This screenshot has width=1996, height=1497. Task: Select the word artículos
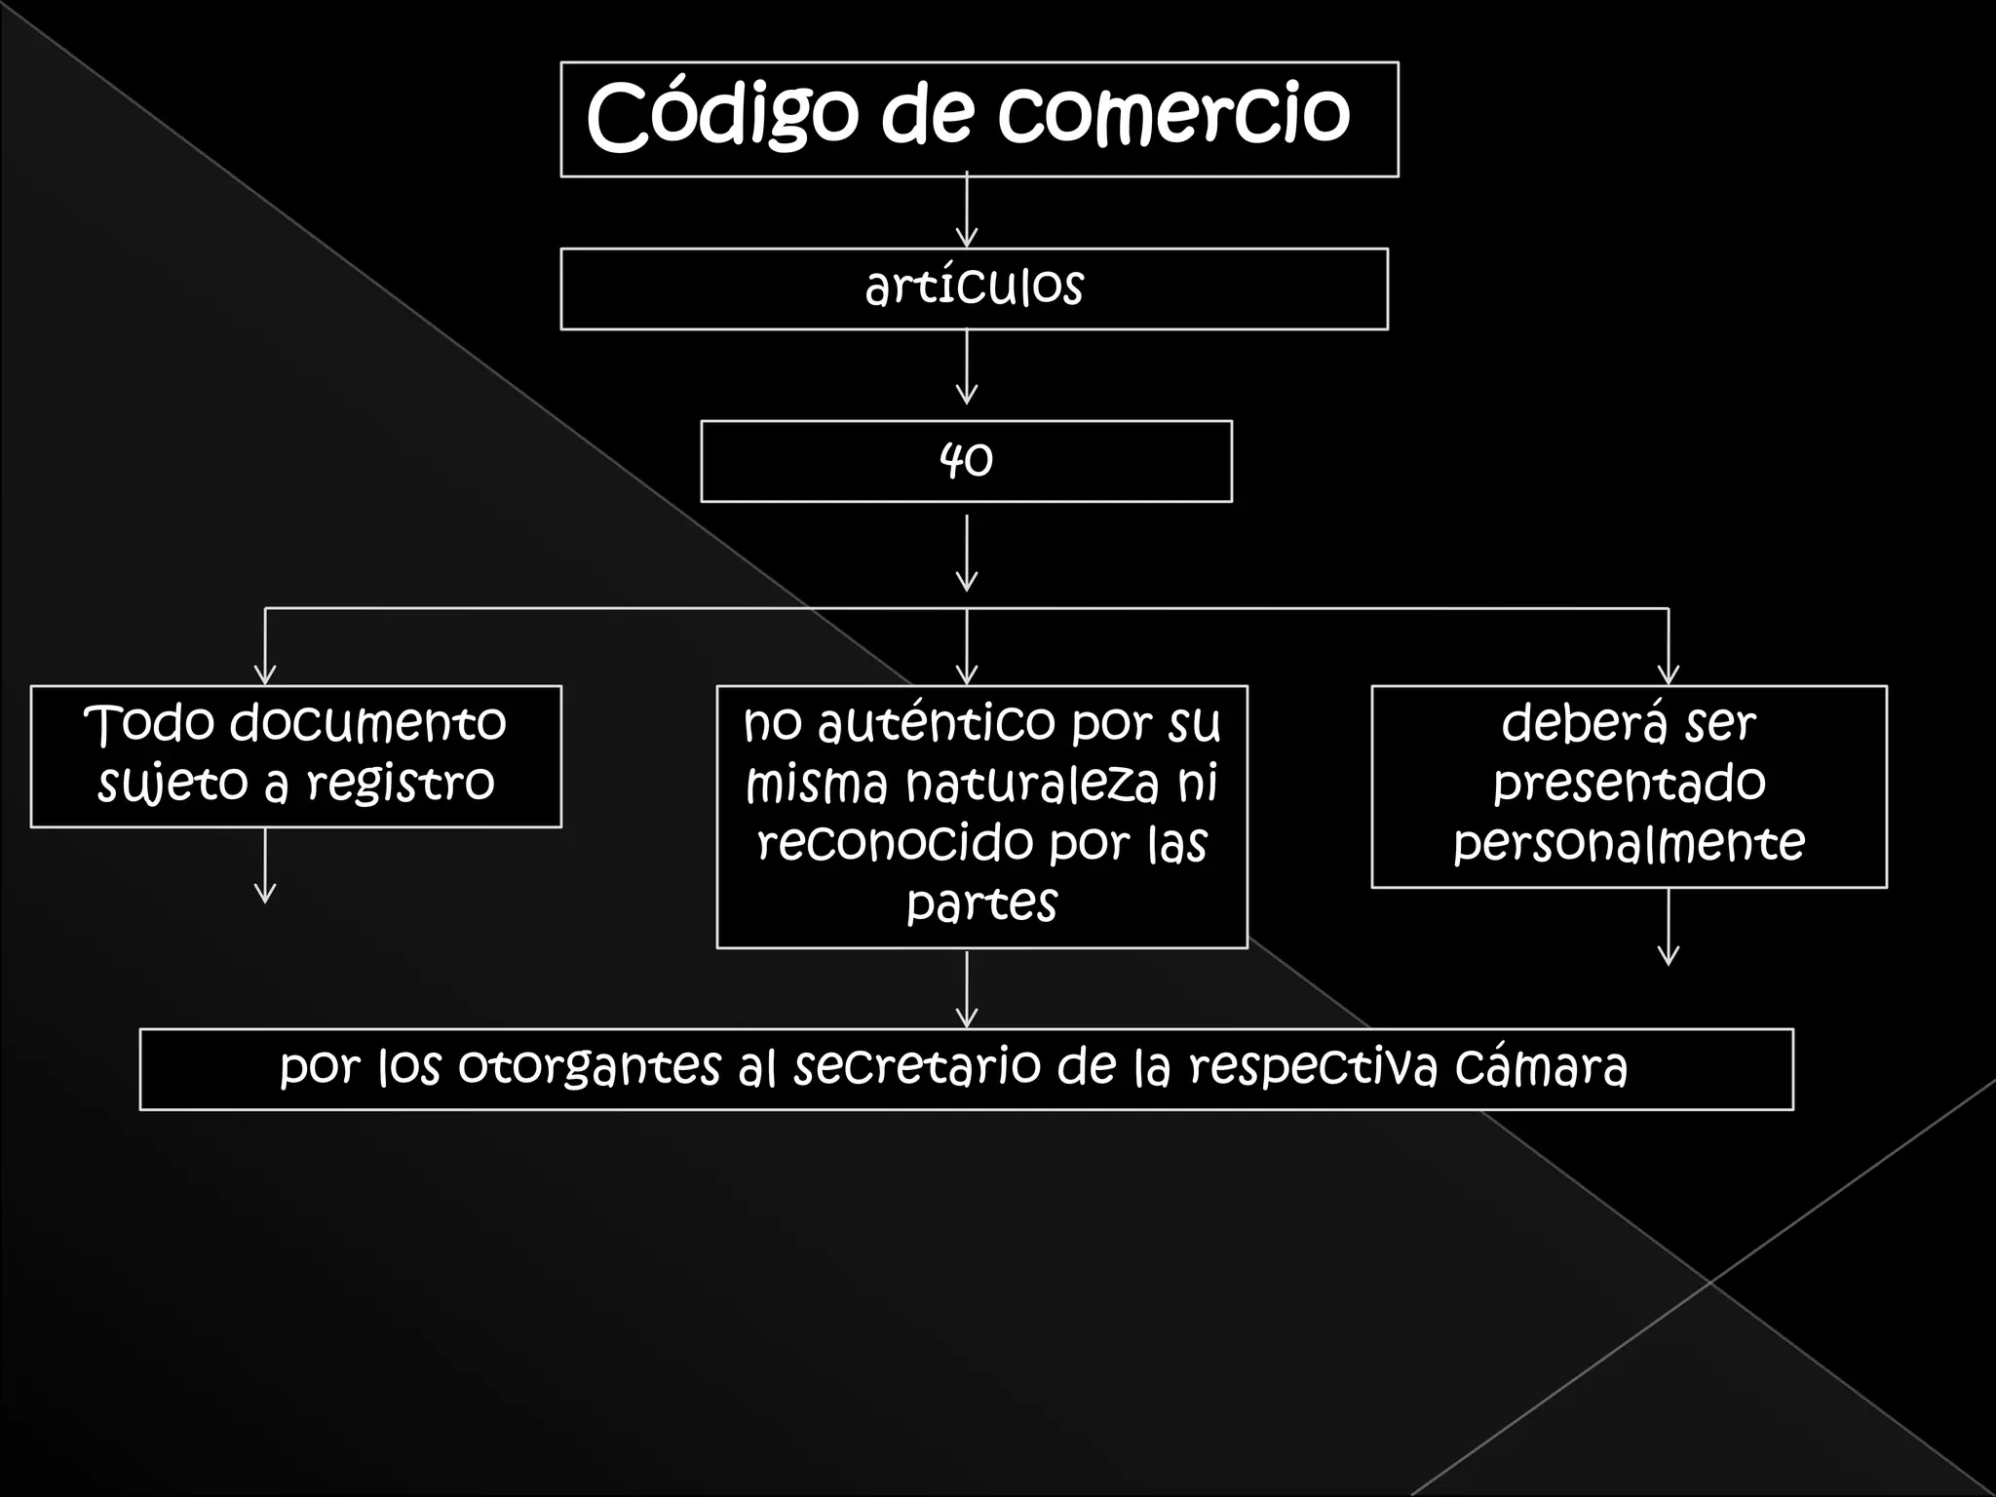(974, 287)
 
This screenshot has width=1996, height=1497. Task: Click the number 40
(966, 460)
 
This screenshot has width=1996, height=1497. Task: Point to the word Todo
(149, 724)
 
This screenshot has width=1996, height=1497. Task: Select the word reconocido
(888, 843)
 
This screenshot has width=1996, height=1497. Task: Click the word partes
(981, 903)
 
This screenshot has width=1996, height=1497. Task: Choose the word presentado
(1629, 784)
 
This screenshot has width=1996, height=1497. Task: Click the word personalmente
(1629, 844)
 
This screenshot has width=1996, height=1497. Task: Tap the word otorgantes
(589, 1067)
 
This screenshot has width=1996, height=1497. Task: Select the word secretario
(917, 1067)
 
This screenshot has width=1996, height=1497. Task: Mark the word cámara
(1541, 1067)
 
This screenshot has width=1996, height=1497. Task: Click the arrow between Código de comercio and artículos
(966, 211)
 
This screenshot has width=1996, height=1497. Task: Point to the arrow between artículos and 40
(966, 367)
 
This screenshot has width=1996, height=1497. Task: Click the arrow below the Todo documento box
(265, 866)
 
